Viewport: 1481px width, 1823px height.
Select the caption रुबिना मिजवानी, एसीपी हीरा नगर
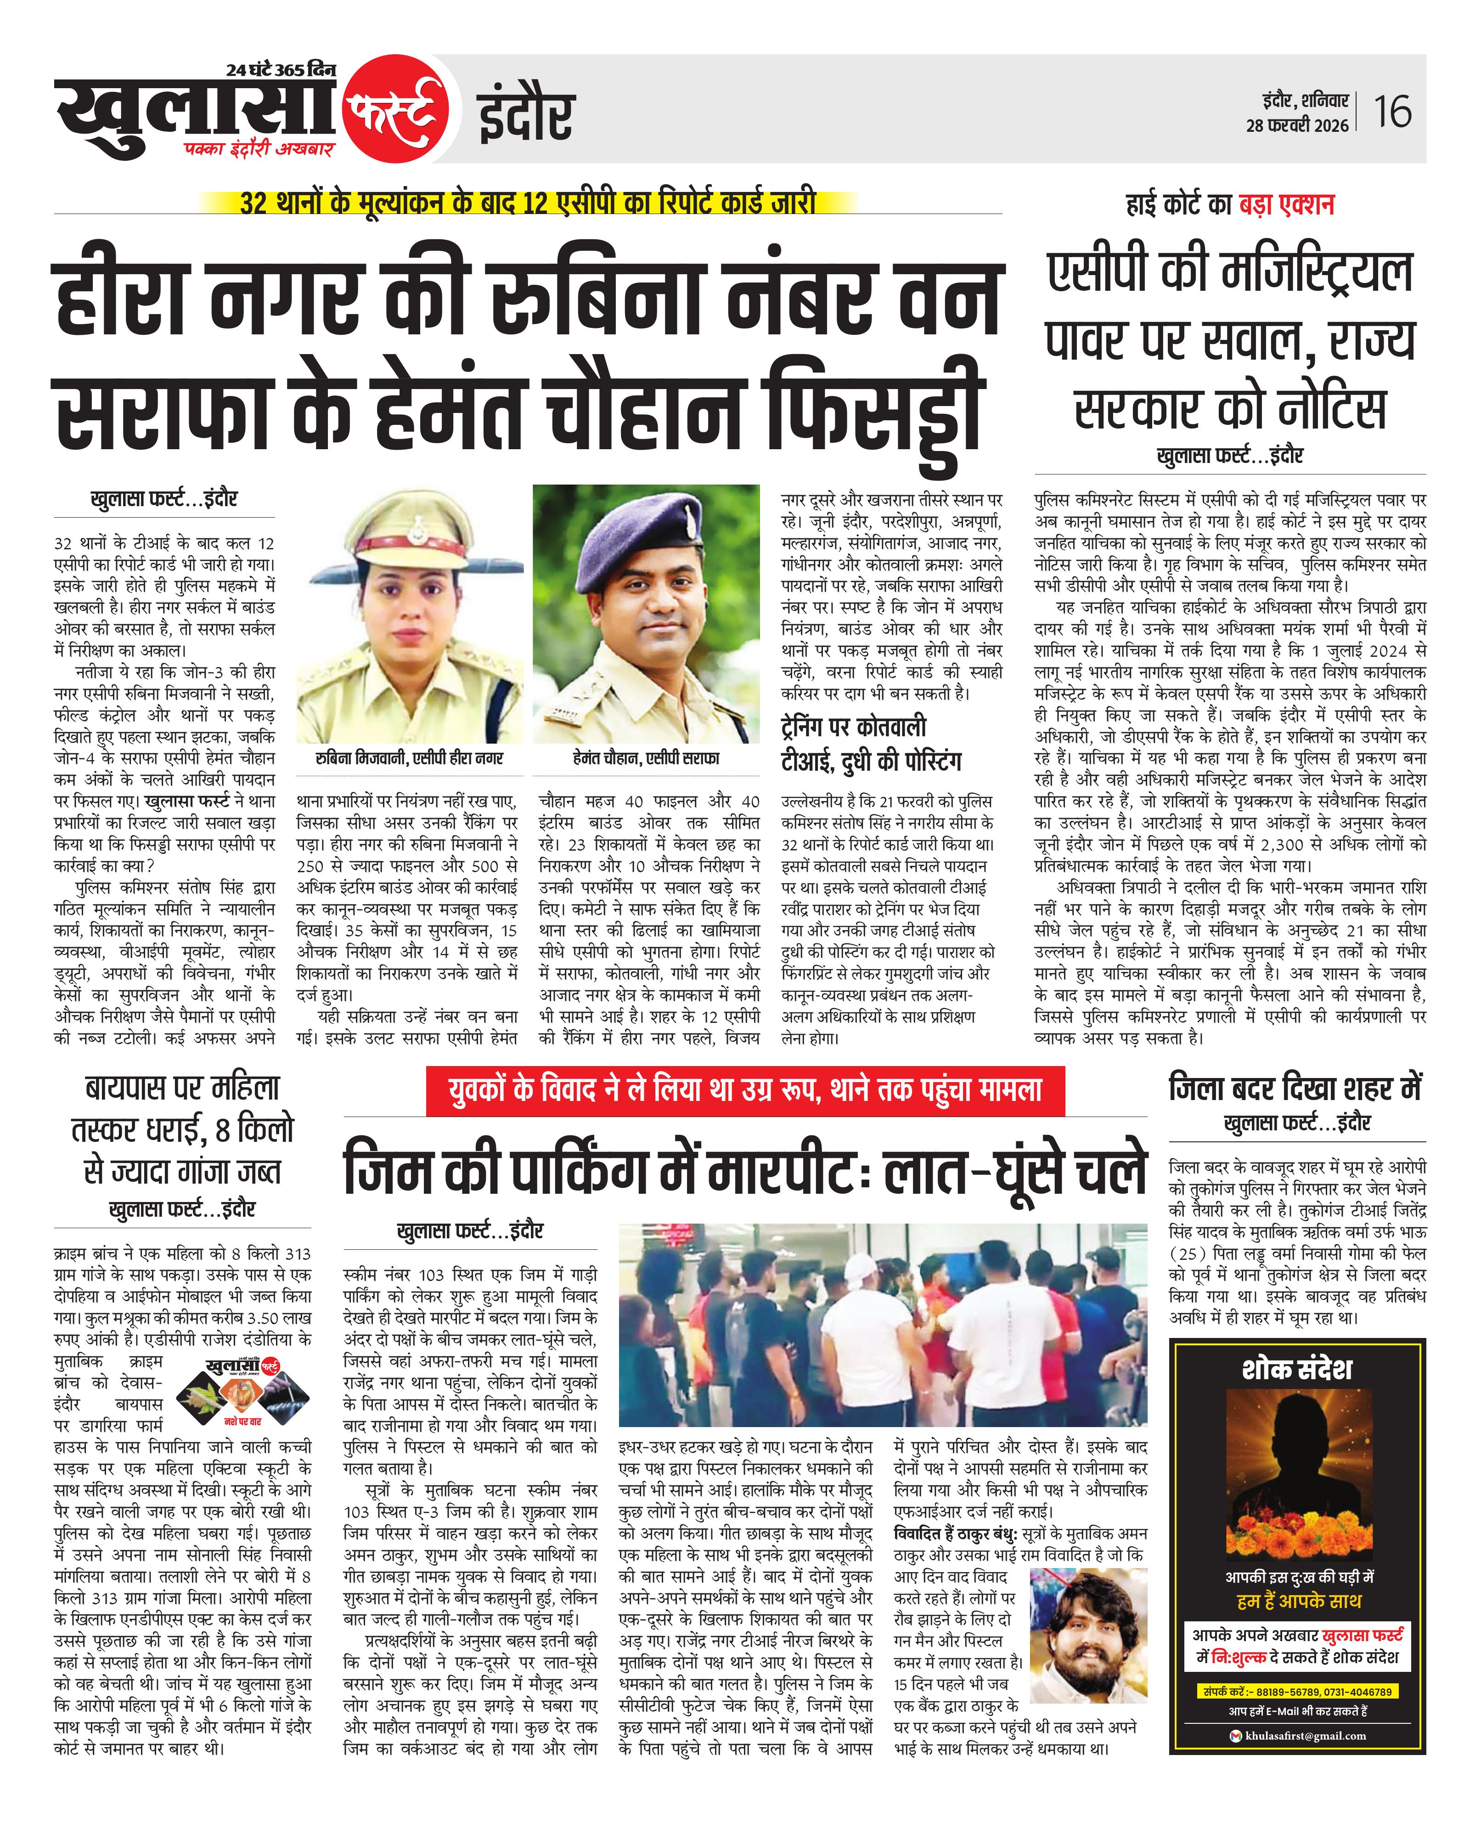coord(410,757)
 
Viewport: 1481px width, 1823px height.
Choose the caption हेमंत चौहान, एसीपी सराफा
coord(646,757)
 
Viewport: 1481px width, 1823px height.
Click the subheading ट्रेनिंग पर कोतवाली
coord(853,727)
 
